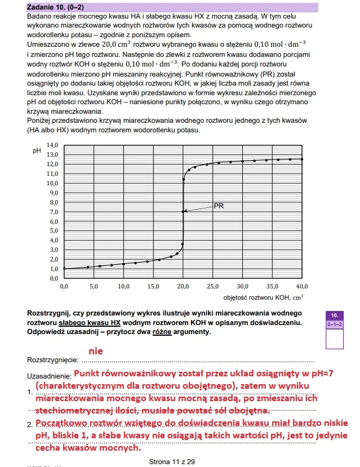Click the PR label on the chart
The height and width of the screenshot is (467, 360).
pyautogui.click(x=219, y=206)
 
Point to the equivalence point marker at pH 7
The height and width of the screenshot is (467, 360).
pyautogui.click(x=183, y=211)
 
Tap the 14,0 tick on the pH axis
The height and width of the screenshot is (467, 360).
pyautogui.click(x=52, y=145)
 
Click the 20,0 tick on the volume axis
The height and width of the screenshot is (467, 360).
pyautogui.click(x=183, y=287)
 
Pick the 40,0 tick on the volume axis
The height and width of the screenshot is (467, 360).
pyautogui.click(x=302, y=287)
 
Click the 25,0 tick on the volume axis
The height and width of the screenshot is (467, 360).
pyautogui.click(x=212, y=287)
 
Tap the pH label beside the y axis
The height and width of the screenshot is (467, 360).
pyautogui.click(x=37, y=151)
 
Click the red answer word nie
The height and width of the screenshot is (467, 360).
pyautogui.click(x=95, y=350)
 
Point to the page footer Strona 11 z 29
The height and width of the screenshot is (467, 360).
pyautogui.click(x=172, y=461)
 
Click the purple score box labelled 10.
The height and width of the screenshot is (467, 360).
pyautogui.click(x=335, y=315)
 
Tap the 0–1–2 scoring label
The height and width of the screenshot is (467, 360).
pyautogui.click(x=335, y=324)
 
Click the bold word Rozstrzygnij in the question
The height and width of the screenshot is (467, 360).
pyautogui.click(x=50, y=313)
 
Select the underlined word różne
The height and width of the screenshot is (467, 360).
pyautogui.click(x=157, y=332)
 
